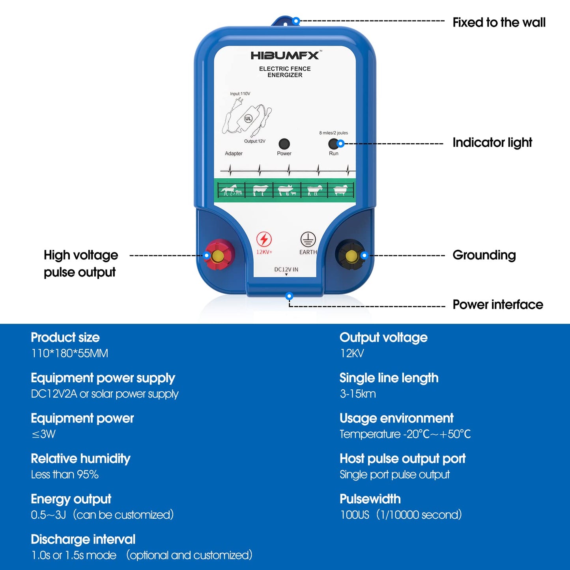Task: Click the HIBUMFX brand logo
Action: (x=285, y=56)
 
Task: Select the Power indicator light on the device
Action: (x=284, y=144)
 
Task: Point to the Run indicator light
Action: (x=333, y=144)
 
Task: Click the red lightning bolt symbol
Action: (x=264, y=239)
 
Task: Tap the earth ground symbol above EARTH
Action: (x=308, y=239)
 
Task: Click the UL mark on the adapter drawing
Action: (x=248, y=118)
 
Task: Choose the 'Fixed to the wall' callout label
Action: (x=499, y=22)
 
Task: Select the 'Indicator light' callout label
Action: (x=492, y=142)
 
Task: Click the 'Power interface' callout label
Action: (x=498, y=305)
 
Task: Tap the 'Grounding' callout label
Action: (x=484, y=255)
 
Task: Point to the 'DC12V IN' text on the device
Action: (x=286, y=269)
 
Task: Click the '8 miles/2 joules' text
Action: (x=333, y=133)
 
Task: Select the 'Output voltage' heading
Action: (x=383, y=338)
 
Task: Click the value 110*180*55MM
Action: (x=69, y=353)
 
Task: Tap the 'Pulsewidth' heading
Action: (x=370, y=499)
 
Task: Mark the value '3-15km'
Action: (x=358, y=394)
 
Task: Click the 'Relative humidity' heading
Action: (x=80, y=459)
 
